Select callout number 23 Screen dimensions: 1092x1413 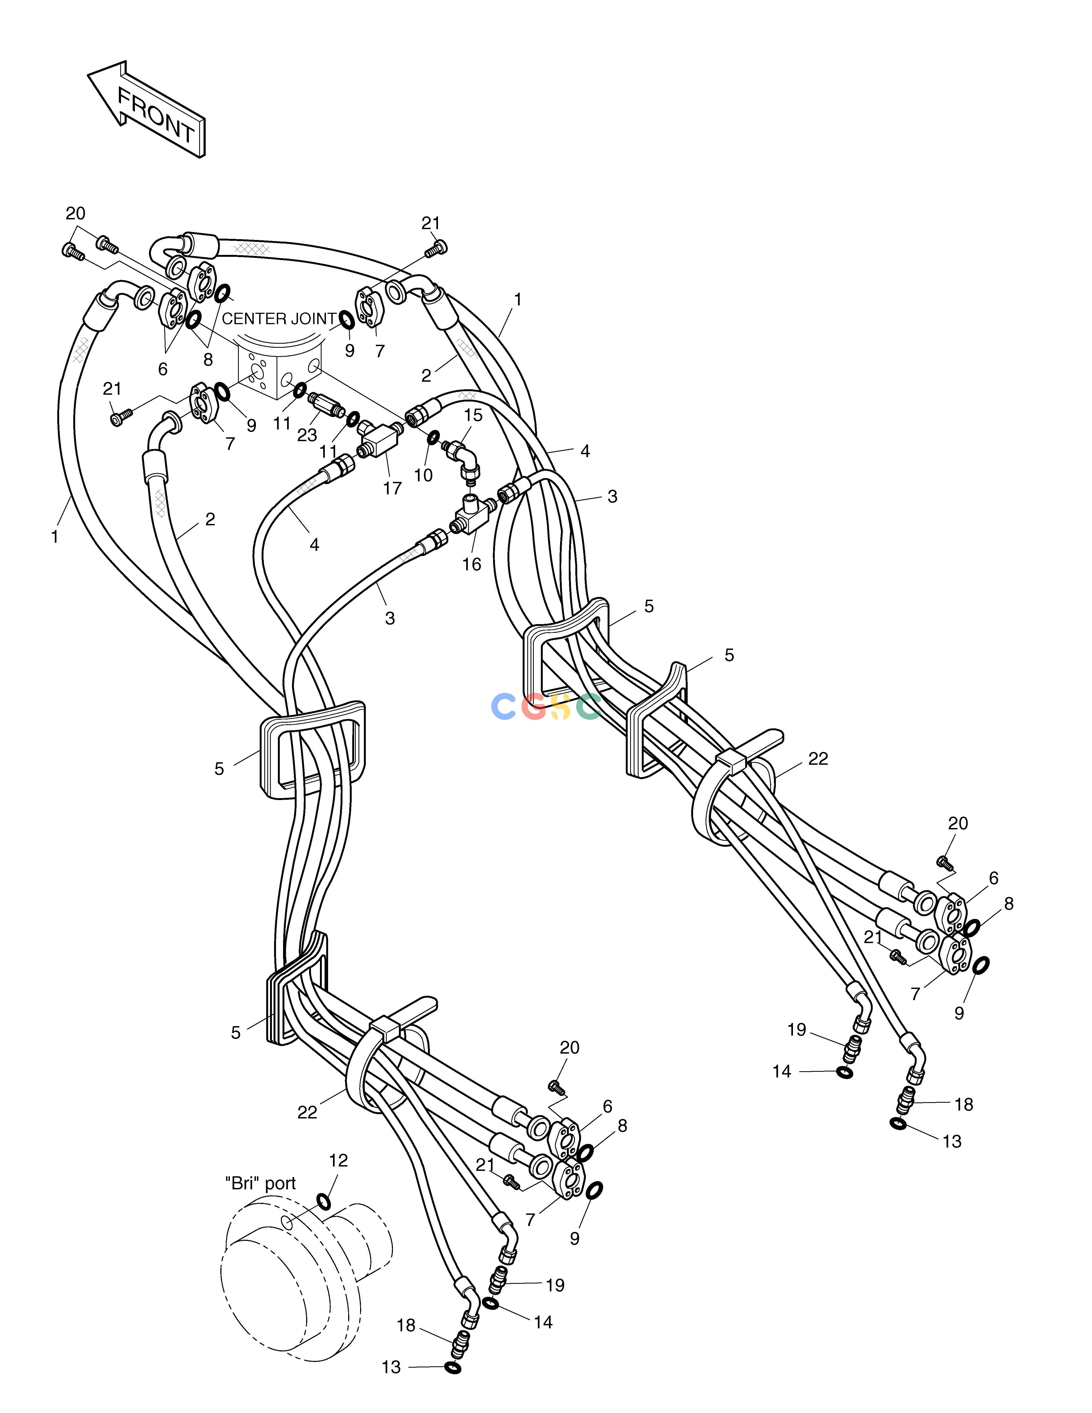(x=307, y=435)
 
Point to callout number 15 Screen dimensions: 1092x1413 (x=474, y=415)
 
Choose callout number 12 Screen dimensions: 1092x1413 (x=338, y=1161)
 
